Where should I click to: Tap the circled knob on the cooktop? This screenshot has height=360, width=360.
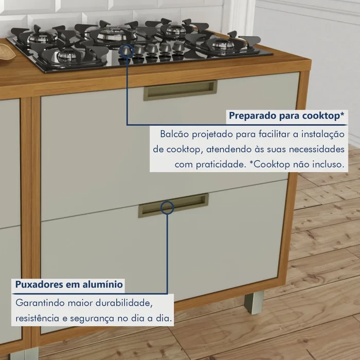[127, 50]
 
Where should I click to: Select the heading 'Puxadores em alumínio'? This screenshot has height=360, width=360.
[68, 284]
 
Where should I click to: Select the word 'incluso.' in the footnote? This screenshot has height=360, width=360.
[327, 166]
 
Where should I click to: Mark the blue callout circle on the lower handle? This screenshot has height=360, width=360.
[167, 208]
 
